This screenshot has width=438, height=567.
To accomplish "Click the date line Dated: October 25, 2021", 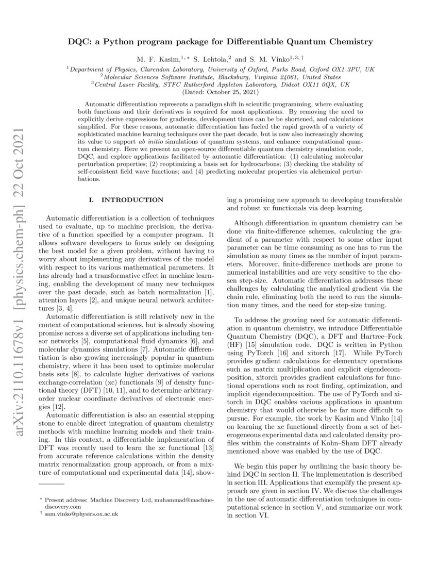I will (x=218, y=92).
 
